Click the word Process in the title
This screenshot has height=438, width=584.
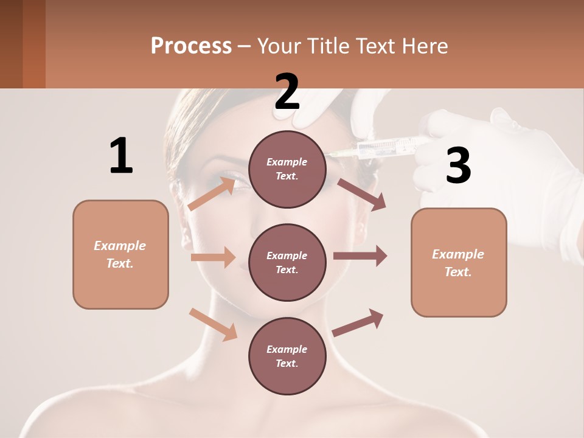click(191, 46)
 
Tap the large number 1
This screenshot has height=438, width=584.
click(121, 156)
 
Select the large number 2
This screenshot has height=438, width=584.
click(287, 91)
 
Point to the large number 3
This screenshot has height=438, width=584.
click(458, 166)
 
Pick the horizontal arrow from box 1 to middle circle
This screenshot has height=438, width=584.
click(213, 257)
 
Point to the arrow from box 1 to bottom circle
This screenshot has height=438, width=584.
click(214, 324)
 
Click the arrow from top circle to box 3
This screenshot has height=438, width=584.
click(361, 194)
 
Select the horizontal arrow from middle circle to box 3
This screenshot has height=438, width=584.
click(360, 255)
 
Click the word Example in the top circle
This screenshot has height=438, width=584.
click(287, 162)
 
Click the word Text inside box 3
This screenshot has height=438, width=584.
click(457, 272)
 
